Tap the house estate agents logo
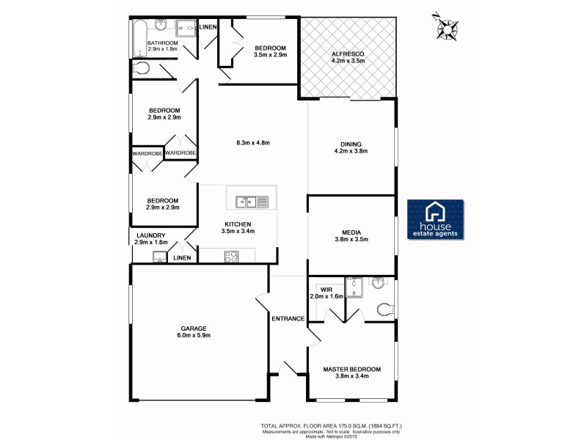tap(435, 218)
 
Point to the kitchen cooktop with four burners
tap(231, 256)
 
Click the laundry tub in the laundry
tap(158, 257)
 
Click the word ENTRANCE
tap(288, 318)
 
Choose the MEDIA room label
tap(351, 230)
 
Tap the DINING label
tap(351, 144)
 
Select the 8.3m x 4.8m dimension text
tap(253, 142)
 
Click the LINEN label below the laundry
tap(182, 257)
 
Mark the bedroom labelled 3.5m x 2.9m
tap(270, 54)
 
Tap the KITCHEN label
tap(238, 224)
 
